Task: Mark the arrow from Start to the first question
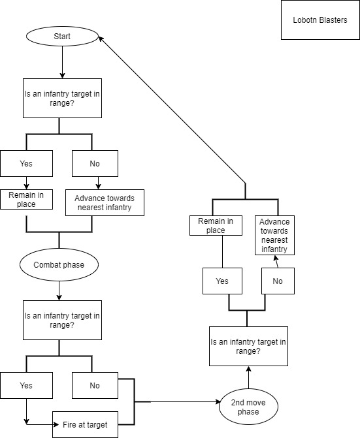coord(62,62)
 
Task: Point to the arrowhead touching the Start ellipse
coord(101,39)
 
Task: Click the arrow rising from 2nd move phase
coord(248,377)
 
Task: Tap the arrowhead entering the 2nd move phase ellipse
coord(218,401)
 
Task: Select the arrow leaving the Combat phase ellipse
coord(59,290)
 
